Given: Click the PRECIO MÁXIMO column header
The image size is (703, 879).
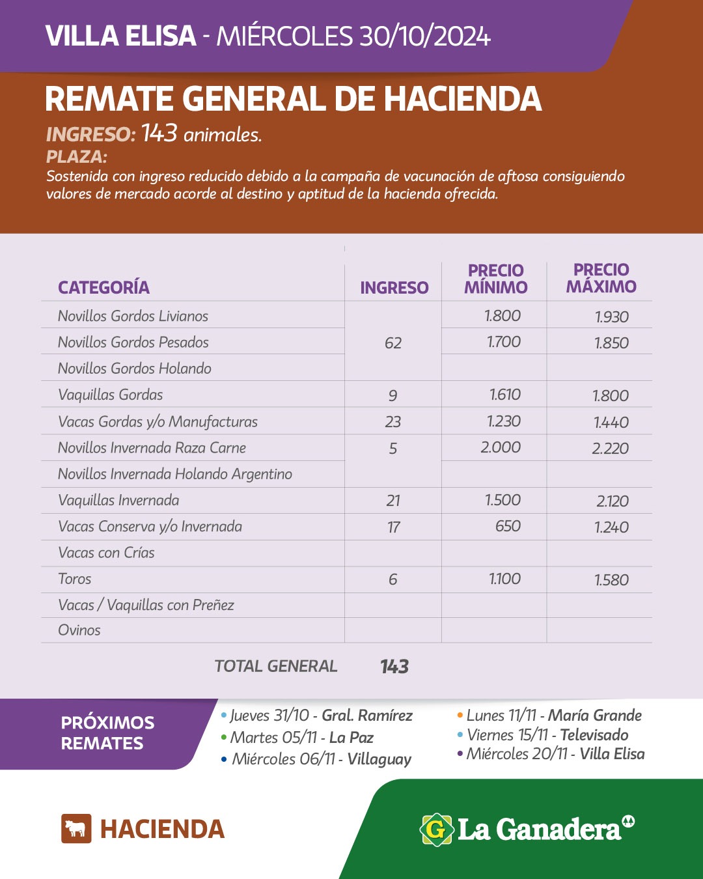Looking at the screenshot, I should [601, 279].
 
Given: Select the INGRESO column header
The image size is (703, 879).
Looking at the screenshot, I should [394, 288].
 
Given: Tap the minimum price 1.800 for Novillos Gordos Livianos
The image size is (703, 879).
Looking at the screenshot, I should [503, 316].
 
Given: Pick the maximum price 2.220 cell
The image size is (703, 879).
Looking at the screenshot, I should [611, 449].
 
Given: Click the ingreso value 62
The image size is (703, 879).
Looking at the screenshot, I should [393, 343].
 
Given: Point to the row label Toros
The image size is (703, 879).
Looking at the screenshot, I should [75, 579].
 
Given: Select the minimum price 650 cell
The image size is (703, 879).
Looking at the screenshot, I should [508, 526].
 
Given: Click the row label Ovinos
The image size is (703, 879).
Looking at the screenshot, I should [79, 630].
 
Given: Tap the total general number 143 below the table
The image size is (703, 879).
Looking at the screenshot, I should [394, 666].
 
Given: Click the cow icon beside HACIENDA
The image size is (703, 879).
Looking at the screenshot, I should [76, 829].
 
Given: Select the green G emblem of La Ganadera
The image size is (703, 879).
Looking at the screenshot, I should [436, 830].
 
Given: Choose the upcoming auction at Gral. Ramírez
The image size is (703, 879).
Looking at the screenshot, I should [321, 716].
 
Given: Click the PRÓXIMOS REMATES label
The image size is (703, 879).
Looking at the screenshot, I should [107, 732].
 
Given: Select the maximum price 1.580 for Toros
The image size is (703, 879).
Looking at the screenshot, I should [611, 580].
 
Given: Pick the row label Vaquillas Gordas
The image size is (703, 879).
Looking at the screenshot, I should [111, 395].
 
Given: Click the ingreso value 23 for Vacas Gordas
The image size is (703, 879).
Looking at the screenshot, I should [393, 422].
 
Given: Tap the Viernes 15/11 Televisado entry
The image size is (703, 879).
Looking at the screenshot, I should [547, 735].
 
